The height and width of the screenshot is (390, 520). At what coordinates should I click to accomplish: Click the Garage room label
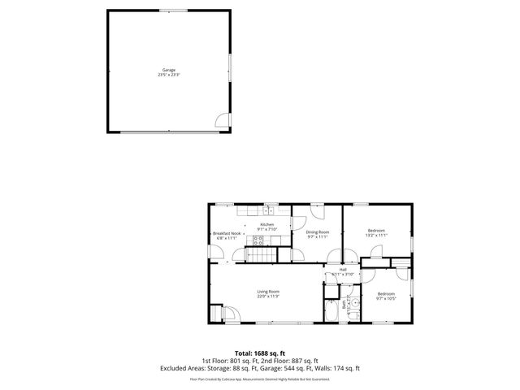(x=168, y=70)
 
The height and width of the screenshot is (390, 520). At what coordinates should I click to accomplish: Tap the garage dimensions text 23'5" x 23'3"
(x=168, y=75)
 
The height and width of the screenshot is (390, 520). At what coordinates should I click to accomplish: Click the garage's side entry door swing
(x=221, y=122)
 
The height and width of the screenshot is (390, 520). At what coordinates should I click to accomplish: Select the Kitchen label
(x=267, y=224)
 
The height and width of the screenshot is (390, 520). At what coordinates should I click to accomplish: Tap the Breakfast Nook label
(x=224, y=233)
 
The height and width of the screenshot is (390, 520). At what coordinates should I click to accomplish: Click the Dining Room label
(x=318, y=232)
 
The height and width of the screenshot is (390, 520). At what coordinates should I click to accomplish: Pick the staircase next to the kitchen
(x=259, y=256)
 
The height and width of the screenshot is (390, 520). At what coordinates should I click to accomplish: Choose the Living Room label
(x=269, y=292)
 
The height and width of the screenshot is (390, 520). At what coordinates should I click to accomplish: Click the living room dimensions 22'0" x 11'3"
(x=269, y=297)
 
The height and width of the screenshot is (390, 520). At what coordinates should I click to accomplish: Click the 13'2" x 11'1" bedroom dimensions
(x=376, y=236)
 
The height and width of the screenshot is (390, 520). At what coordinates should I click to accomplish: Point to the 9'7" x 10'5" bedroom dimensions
(x=386, y=298)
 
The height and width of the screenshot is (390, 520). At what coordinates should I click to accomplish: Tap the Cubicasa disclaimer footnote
(x=260, y=378)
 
